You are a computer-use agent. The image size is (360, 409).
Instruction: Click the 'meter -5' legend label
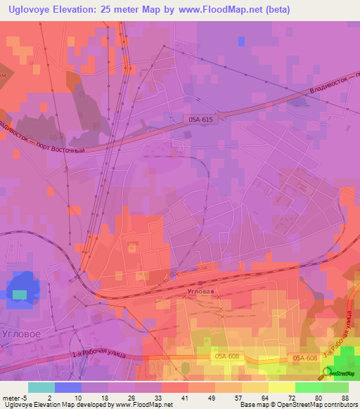15,397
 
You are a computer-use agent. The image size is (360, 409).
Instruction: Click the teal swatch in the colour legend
41,387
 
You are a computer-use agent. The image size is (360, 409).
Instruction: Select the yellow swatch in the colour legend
282,387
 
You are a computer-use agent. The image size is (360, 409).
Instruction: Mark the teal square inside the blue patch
20,294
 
